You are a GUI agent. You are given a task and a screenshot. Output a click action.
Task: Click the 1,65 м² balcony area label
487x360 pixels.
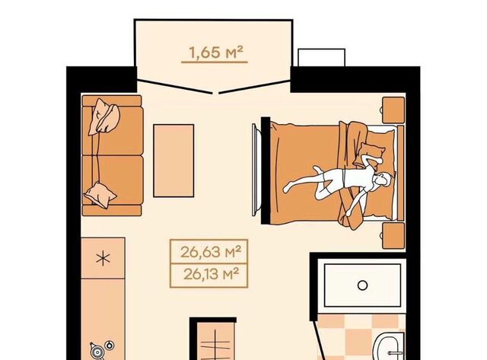(x=215, y=53)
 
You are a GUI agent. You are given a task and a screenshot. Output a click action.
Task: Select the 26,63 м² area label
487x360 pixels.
(x=211, y=252)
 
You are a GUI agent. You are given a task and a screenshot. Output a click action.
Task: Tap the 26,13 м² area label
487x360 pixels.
(x=212, y=274)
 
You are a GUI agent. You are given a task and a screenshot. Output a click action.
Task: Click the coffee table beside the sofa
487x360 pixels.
(x=173, y=161)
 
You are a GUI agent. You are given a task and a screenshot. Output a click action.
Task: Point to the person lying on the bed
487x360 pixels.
(x=339, y=183)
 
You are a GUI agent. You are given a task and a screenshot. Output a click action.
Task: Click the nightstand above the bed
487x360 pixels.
(x=393, y=110)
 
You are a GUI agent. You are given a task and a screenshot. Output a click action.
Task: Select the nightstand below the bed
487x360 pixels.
(x=393, y=235)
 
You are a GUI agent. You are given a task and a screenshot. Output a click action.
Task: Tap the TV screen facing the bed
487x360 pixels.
(x=255, y=170)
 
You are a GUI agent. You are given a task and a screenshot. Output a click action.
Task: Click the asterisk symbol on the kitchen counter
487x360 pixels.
(x=103, y=259)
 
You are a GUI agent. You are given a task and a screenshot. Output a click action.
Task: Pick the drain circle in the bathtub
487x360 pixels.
(x=362, y=285)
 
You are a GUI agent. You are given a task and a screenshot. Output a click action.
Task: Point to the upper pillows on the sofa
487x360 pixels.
(x=103, y=116)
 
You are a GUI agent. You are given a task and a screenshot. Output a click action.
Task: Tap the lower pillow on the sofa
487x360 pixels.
(x=100, y=195)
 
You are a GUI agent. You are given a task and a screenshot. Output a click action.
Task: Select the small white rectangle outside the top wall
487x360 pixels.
(x=321, y=58)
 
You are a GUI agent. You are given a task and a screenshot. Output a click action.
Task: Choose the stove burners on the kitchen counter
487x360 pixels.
(x=101, y=350)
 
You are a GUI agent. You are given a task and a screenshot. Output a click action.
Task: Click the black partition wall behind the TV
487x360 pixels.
(x=266, y=170)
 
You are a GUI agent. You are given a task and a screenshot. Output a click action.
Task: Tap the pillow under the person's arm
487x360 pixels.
(x=371, y=153)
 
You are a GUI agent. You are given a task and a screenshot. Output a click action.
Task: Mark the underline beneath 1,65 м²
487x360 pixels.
(x=215, y=62)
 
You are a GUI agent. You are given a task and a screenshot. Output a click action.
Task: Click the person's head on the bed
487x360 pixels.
(x=383, y=180)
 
